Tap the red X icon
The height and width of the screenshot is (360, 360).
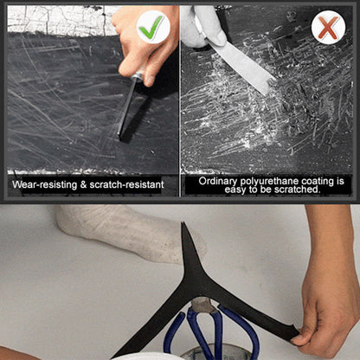click(328, 27)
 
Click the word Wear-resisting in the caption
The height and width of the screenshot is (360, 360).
click(43, 184)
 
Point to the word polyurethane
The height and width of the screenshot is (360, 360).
click(267, 180)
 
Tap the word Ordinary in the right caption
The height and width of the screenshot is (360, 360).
click(219, 180)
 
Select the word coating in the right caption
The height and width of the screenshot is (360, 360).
click(315, 180)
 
